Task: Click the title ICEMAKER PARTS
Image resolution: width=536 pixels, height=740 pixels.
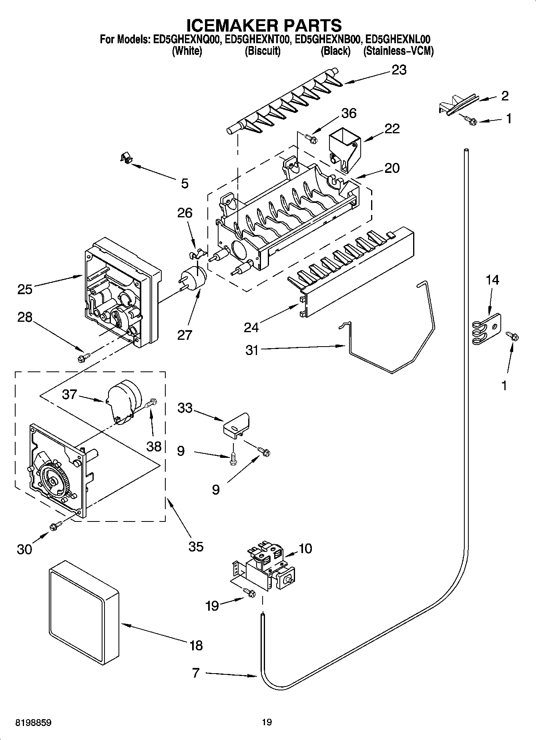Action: [x=265, y=25]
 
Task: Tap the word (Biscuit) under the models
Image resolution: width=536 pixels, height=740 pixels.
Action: [x=262, y=51]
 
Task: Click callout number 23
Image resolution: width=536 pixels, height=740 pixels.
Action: [x=399, y=70]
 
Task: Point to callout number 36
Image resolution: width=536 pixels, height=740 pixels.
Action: [x=349, y=113]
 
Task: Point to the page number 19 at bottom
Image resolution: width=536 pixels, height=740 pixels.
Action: [x=267, y=722]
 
